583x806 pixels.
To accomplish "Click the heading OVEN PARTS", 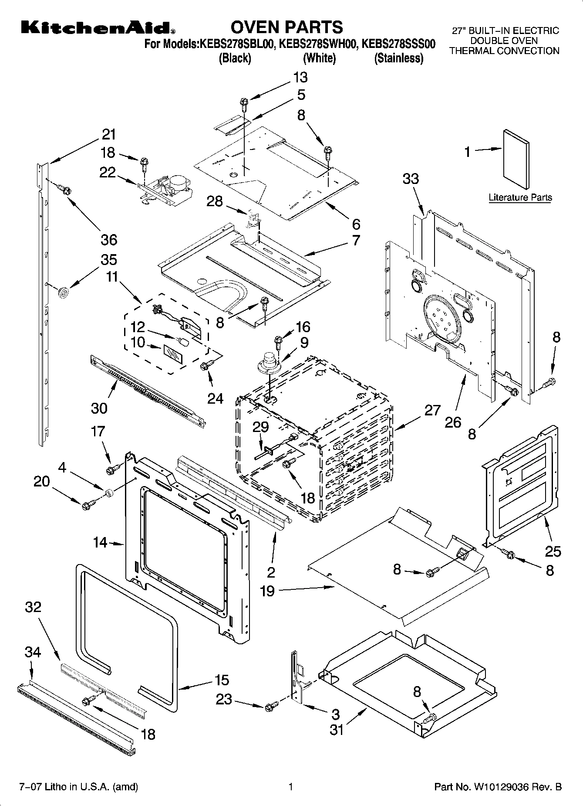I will (x=286, y=27).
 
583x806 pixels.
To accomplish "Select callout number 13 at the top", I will (x=300, y=77).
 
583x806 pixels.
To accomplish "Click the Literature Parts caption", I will (x=520, y=197).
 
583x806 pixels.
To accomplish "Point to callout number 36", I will (x=109, y=239).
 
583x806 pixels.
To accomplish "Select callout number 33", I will (x=411, y=179).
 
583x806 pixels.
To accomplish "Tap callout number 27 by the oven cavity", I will (x=432, y=410).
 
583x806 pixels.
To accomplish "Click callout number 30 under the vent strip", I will (x=99, y=408).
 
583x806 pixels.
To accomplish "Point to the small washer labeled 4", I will (x=108, y=493).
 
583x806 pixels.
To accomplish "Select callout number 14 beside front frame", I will (x=100, y=543).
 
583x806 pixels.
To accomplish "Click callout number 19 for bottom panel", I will (x=267, y=592).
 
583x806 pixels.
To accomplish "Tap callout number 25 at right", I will (x=553, y=551).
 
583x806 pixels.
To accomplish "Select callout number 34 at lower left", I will (x=33, y=653).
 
